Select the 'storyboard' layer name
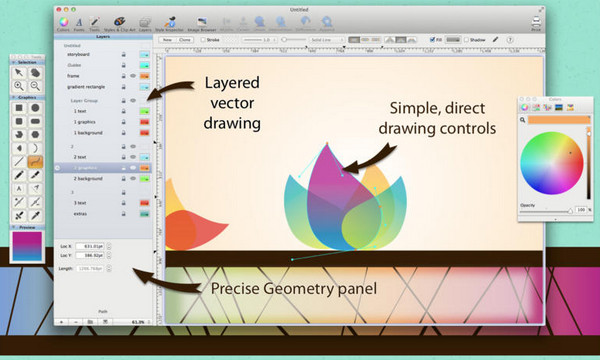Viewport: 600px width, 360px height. [x=79, y=55]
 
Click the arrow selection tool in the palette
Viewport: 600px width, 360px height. [x=19, y=73]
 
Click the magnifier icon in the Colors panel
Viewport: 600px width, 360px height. [x=523, y=120]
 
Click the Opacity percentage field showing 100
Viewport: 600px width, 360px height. [x=581, y=210]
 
